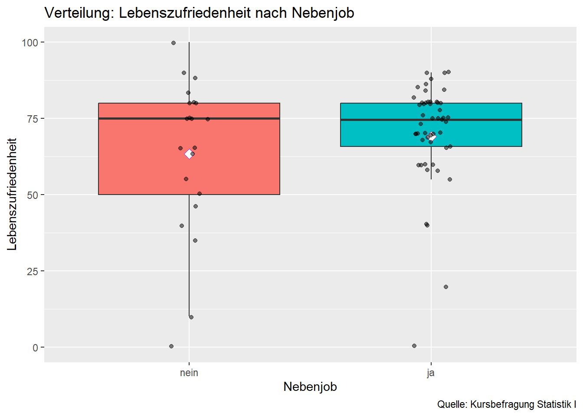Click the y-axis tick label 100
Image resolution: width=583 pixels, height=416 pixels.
29,42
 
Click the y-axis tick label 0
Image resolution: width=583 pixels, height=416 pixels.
35,348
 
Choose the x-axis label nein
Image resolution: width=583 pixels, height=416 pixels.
189,373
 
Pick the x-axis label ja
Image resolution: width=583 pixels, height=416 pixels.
431,373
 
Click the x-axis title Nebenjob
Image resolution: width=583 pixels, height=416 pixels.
310,387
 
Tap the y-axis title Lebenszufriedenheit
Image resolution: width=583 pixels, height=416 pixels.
12,194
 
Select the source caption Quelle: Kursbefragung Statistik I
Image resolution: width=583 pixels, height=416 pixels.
506,404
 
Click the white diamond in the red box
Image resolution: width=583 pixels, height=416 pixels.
189,154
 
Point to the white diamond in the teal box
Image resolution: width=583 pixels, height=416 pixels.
432,136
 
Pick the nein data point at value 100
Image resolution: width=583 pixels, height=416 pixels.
174,43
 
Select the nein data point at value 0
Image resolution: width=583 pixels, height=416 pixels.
171,346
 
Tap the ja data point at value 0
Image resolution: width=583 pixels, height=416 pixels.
414,346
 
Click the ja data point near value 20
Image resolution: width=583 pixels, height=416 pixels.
446,287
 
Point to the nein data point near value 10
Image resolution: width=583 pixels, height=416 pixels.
191,317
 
